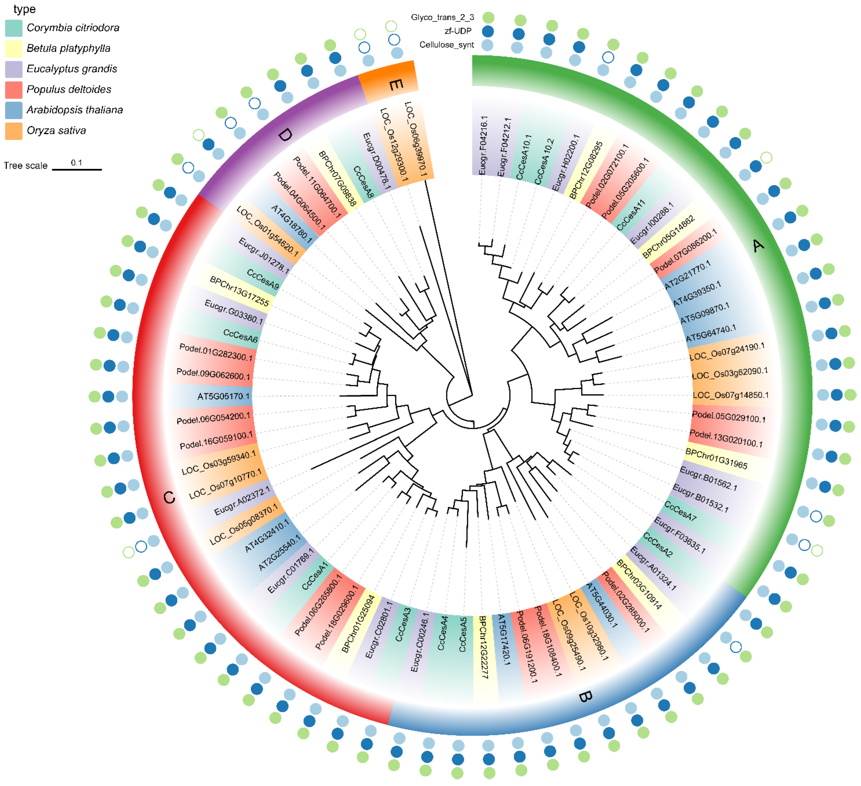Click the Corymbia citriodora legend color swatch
[14, 28]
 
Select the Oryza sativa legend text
[56, 131]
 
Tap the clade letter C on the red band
[169, 497]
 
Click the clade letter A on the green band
[758, 246]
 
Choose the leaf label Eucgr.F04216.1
[483, 145]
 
